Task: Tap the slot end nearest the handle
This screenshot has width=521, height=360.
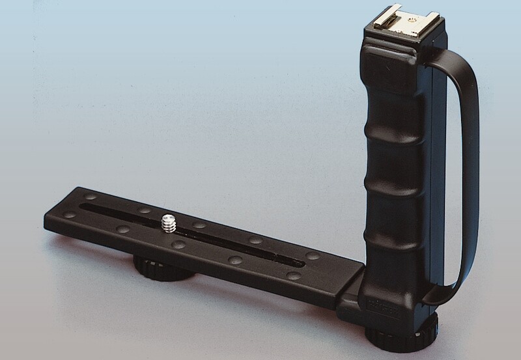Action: coord(297,264)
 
